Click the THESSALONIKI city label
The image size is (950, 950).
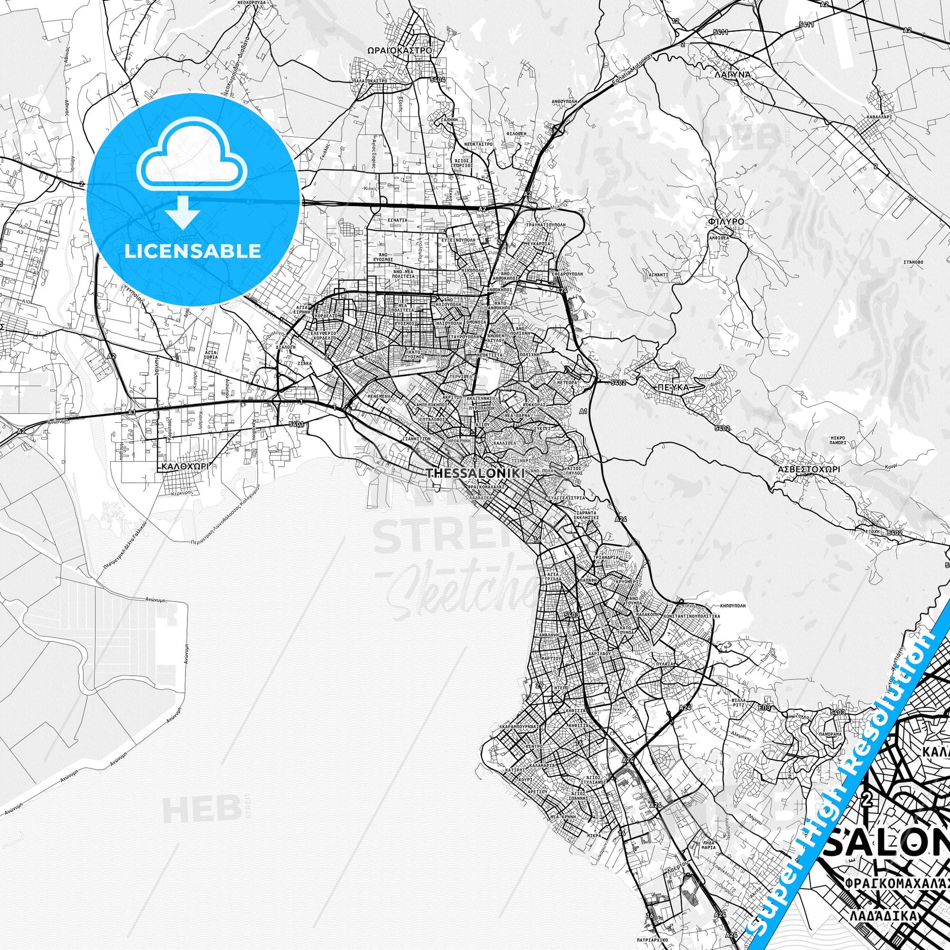click(x=475, y=473)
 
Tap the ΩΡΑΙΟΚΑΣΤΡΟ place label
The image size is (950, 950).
click(x=399, y=50)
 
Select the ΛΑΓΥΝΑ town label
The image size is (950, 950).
click(x=731, y=75)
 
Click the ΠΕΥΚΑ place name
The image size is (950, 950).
click(x=674, y=387)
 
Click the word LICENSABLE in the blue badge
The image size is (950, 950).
click(x=193, y=251)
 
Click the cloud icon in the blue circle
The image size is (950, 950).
click(x=193, y=165)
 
